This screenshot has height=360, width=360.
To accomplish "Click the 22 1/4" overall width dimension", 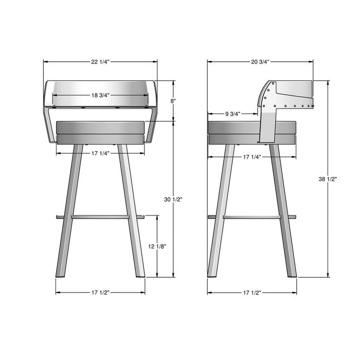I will tap(100, 61).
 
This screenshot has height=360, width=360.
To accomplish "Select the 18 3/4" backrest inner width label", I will tap(100, 95).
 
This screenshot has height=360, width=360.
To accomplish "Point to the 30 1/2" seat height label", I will tap(173, 199).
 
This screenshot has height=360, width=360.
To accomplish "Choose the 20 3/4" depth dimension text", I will tap(261, 61).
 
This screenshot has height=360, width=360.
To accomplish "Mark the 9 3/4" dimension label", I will tap(232, 114).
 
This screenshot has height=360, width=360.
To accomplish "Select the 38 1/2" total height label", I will tap(328, 179).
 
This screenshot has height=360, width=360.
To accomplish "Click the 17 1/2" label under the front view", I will tap(100, 293).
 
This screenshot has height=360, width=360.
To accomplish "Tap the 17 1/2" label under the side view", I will tap(252, 293).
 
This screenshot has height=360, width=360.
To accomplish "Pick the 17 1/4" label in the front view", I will tap(100, 153).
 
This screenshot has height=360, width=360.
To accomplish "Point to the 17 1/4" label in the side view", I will tap(252, 156).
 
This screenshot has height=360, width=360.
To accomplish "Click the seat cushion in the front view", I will tap(100, 132).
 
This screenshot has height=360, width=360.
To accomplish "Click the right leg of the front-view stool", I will tap(132, 211).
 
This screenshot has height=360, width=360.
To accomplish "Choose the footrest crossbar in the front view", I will tap(100, 217).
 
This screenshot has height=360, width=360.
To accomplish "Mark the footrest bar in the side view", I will tap(252, 217).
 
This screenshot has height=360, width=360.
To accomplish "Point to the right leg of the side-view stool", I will tap(283, 211).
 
